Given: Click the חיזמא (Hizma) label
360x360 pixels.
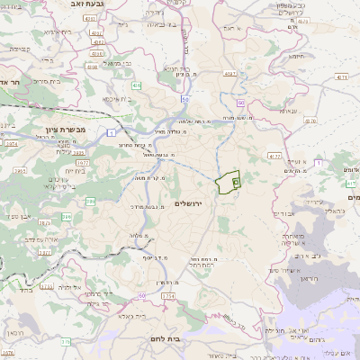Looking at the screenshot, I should tap(298, 55).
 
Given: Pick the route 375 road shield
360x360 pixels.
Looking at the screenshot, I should tap(66, 342).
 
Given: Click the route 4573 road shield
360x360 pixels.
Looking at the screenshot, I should tap(340, 78).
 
